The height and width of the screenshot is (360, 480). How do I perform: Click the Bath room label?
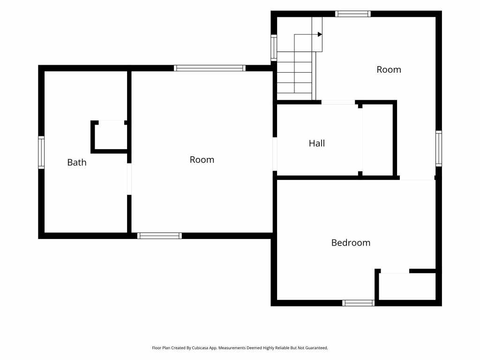tap(77, 162)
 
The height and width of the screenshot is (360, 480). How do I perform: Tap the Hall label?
tap(317, 143)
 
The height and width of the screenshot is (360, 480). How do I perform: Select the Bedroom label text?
tap(351, 243)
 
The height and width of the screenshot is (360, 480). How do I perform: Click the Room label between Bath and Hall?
tap(202, 159)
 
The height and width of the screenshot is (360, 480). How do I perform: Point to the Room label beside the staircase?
tap(389, 69)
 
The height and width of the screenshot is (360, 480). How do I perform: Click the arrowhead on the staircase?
tap(320, 34)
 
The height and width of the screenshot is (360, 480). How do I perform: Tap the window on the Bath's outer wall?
tap(41, 152)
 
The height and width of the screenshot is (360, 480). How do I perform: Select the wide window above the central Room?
tap(210, 68)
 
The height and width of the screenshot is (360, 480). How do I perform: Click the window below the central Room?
tap(159, 236)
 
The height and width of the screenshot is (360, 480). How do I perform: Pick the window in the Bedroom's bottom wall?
tap(358, 303)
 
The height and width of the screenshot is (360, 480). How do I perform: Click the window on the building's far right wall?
tap(439, 149)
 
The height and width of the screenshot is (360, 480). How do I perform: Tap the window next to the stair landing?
tap(274, 47)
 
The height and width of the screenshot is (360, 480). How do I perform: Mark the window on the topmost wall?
tap(352, 14)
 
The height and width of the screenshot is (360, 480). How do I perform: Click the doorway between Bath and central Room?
tap(129, 179)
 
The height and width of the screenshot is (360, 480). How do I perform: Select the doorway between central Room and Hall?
tap(275, 154)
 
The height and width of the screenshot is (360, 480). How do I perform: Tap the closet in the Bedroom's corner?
tap(407, 286)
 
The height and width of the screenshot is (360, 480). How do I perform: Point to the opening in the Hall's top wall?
tap(338, 102)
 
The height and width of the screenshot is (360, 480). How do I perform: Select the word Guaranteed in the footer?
tap(317, 348)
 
